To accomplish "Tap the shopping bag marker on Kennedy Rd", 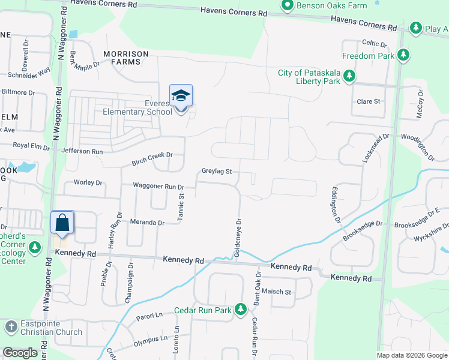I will [62, 223].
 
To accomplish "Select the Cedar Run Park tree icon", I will [241, 310].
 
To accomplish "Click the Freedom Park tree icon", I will [404, 56].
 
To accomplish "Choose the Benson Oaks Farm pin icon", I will [287, 6].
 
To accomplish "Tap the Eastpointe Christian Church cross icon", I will [11, 327].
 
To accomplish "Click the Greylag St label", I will [216, 172].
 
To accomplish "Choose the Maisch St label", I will [276, 292].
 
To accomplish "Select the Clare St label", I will [369, 101].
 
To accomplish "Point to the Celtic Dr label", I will [375, 43].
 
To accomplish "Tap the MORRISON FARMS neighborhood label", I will [126, 58].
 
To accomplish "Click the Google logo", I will [20, 353].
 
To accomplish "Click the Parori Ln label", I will [149, 315].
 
